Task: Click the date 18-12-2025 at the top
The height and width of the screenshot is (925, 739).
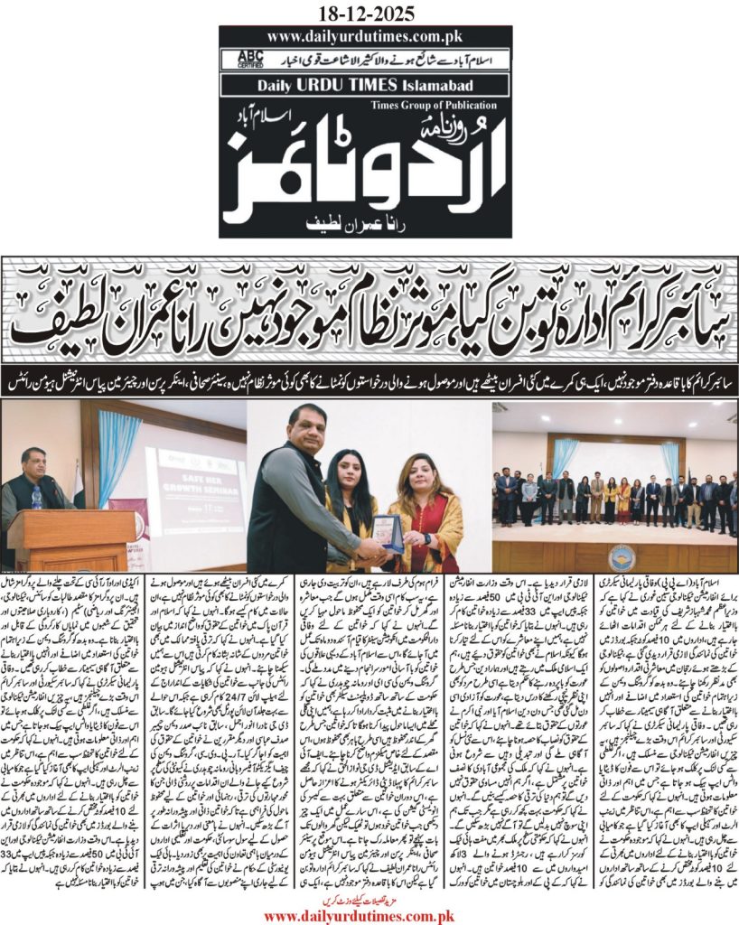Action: tap(369, 13)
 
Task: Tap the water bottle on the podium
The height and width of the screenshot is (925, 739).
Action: tap(38, 498)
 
